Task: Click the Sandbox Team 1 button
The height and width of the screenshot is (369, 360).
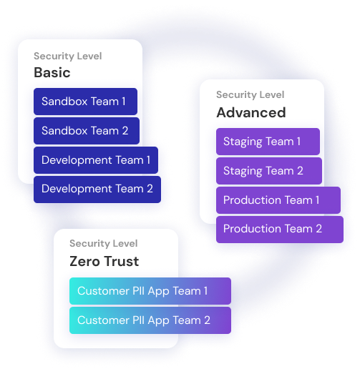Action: (x=85, y=102)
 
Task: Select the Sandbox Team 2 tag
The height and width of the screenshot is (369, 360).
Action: (x=87, y=131)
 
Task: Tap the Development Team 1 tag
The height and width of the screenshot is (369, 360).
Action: (x=96, y=160)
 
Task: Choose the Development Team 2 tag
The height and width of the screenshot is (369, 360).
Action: (x=97, y=190)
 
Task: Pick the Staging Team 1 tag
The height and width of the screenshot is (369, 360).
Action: (x=268, y=142)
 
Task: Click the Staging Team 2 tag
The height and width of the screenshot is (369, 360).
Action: (x=269, y=171)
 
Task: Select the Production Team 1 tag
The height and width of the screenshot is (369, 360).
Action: (x=278, y=200)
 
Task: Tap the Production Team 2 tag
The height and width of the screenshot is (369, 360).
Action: (x=280, y=230)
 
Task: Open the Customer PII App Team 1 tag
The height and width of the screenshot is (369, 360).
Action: (x=150, y=291)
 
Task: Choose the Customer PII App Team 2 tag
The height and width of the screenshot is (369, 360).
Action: (x=150, y=320)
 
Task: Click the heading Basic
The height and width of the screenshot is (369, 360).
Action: (x=52, y=72)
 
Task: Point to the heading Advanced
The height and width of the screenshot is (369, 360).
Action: (x=251, y=112)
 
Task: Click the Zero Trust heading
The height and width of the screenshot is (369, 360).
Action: (x=104, y=261)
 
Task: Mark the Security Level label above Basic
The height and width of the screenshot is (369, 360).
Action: (x=68, y=56)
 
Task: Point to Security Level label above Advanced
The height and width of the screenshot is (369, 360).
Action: (x=250, y=95)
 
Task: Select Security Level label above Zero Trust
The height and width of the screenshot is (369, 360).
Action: (x=104, y=244)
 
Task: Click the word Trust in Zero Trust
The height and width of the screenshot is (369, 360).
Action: (x=121, y=261)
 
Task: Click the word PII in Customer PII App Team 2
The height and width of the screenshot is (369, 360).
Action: (x=138, y=320)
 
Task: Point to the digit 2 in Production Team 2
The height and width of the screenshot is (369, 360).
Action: (x=319, y=229)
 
